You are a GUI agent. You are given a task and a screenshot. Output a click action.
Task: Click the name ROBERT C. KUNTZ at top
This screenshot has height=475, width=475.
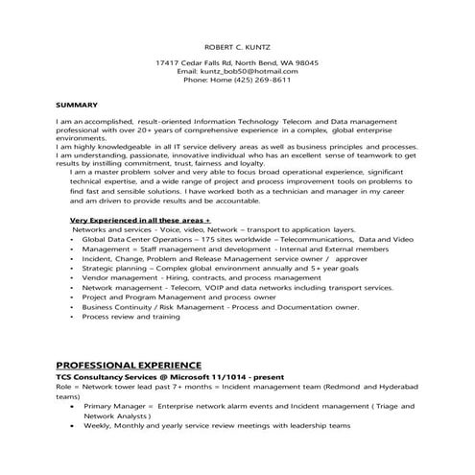(237, 45)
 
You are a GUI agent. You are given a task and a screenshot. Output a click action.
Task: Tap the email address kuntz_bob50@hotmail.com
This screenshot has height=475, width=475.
(256, 71)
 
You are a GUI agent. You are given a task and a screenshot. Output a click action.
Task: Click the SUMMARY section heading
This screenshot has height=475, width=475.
(76, 103)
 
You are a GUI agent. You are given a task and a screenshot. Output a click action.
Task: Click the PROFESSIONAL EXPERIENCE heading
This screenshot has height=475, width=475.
(129, 366)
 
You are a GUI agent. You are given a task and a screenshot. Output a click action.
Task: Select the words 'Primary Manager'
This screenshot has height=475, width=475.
(120, 408)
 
